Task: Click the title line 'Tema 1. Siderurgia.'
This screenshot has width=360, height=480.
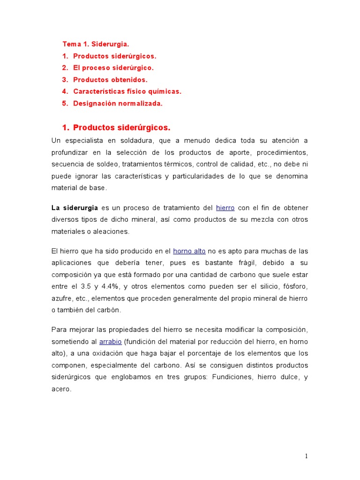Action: [x=96, y=44]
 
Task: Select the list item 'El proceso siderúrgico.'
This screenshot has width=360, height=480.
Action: [x=113, y=68]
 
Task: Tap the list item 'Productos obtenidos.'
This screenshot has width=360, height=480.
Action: [x=110, y=80]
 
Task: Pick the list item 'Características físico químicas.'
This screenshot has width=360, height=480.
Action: [x=127, y=92]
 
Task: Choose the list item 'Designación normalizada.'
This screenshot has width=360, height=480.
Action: [x=118, y=104]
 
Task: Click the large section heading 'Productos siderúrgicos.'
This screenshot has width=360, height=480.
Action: [x=122, y=127]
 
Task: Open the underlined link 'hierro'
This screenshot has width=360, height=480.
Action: [x=225, y=208]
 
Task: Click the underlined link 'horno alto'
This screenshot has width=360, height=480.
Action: [x=189, y=251]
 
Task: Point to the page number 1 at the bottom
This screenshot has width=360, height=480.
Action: [x=306, y=456]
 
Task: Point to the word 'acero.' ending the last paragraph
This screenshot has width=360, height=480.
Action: [x=61, y=389]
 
